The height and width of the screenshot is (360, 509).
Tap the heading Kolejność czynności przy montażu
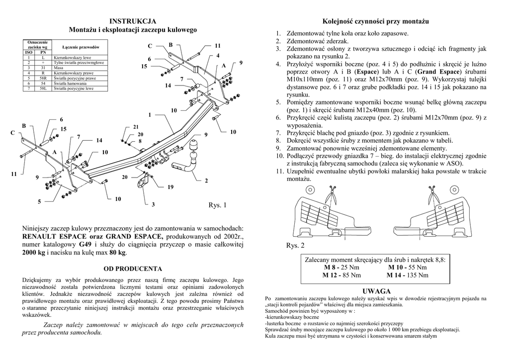(x=375, y=21)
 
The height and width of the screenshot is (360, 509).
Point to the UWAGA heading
(x=376, y=291)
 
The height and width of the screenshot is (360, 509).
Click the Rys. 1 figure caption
(x=217, y=205)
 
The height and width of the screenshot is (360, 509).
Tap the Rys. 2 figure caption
(x=295, y=246)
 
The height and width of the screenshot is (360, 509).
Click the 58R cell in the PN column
(x=43, y=78)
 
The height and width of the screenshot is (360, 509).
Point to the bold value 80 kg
(x=117, y=253)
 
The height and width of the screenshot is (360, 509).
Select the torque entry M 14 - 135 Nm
(x=408, y=275)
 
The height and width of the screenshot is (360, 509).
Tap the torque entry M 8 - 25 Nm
(x=341, y=268)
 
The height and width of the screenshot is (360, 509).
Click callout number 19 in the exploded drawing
(x=170, y=187)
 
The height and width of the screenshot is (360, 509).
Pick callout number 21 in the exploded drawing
(x=136, y=127)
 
